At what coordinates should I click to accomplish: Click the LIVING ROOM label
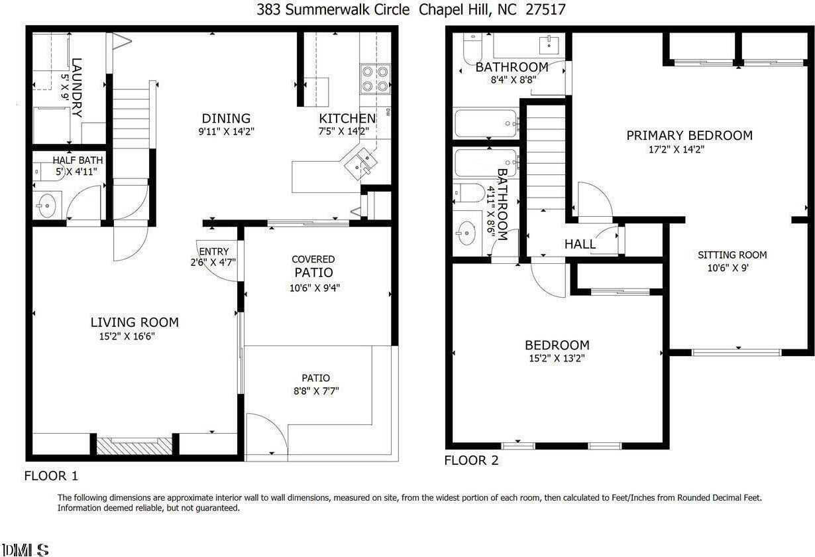tap(135, 322)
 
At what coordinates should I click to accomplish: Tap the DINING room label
tap(226, 118)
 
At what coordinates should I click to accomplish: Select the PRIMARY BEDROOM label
tap(689, 135)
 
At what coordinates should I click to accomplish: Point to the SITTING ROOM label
tap(732, 255)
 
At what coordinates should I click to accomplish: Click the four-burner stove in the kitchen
tap(375, 79)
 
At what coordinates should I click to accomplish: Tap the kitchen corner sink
tap(361, 164)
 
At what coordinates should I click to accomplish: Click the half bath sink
tap(47, 206)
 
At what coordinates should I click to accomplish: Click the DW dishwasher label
tap(388, 112)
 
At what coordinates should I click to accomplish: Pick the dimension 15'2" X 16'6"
tap(127, 336)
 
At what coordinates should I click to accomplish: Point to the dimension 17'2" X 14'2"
tap(677, 149)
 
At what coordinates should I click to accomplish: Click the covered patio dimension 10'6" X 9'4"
tap(314, 288)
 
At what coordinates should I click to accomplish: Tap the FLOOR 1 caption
tap(51, 476)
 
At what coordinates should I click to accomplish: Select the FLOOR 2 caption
tap(471, 461)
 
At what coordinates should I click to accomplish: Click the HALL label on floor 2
tap(580, 244)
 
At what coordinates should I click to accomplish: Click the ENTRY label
tap(214, 251)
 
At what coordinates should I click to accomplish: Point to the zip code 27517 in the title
tap(545, 9)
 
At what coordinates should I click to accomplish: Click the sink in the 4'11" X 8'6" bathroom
tap(466, 233)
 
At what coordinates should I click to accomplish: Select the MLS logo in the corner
tap(25, 550)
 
